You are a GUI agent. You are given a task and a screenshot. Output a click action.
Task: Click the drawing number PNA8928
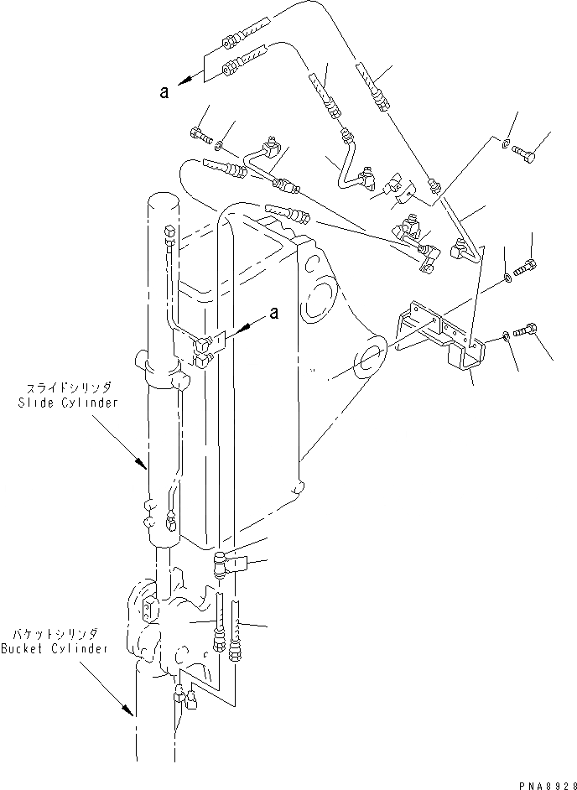point(543,782)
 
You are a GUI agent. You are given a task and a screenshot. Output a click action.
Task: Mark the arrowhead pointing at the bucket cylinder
point(131,712)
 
